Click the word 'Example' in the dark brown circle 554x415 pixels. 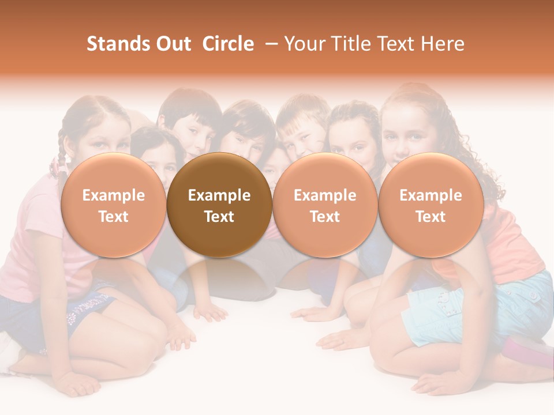click(219, 195)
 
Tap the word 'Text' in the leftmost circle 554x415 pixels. click(113, 217)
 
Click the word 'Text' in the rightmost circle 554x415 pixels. click(431, 217)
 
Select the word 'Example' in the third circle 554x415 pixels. click(325, 195)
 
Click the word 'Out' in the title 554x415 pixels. click(174, 44)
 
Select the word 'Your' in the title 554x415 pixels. click(304, 44)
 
